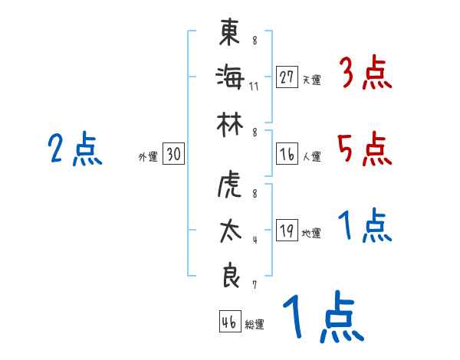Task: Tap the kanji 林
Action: pos(228,123)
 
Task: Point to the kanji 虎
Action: pos(228,186)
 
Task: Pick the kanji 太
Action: pos(228,231)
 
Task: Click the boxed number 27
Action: pos(287,77)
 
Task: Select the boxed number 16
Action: pos(287,154)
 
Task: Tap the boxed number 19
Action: pos(287,231)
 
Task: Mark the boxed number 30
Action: pos(173,154)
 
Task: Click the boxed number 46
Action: pos(228,322)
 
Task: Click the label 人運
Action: pos(311,157)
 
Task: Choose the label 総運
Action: pos(255,325)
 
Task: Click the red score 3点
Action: pos(365,74)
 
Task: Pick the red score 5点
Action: pos(365,149)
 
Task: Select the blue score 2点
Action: pos(74,149)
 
